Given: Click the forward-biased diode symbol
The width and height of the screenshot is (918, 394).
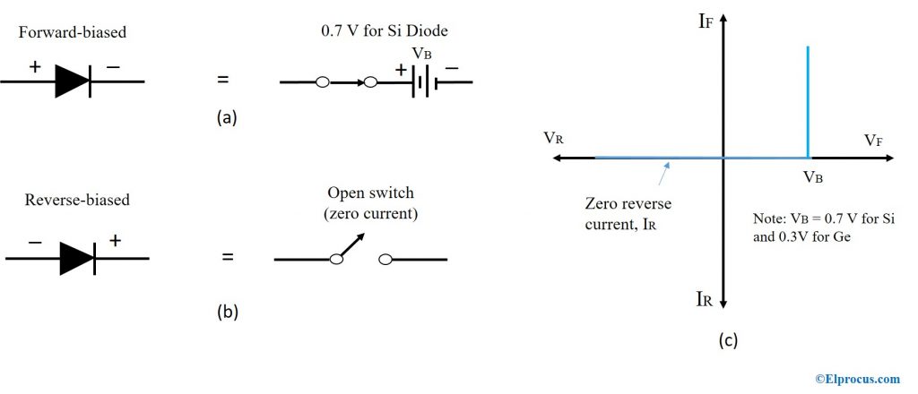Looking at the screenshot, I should (x=73, y=81).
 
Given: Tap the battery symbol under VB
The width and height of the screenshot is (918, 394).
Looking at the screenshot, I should (x=422, y=83).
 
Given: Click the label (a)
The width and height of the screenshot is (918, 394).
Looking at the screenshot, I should (x=227, y=116).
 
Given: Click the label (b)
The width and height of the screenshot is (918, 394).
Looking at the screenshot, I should (x=227, y=312).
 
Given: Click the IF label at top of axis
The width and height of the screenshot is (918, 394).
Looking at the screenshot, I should (x=706, y=20).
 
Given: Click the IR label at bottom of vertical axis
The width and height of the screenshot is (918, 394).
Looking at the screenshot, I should (x=705, y=300).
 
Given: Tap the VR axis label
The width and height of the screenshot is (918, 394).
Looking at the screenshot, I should (x=553, y=138).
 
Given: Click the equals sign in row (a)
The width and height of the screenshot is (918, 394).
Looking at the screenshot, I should (x=223, y=81).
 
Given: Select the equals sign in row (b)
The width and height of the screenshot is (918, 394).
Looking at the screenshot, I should (x=227, y=258).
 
